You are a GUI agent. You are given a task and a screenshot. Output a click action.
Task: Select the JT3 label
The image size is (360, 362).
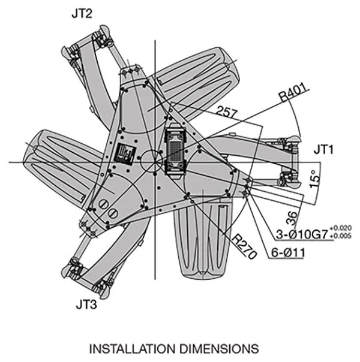(x=88, y=304)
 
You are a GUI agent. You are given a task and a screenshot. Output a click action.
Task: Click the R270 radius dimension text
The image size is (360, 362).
(x=244, y=246)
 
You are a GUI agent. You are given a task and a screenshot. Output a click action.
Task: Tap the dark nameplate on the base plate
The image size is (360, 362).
(x=127, y=155)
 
